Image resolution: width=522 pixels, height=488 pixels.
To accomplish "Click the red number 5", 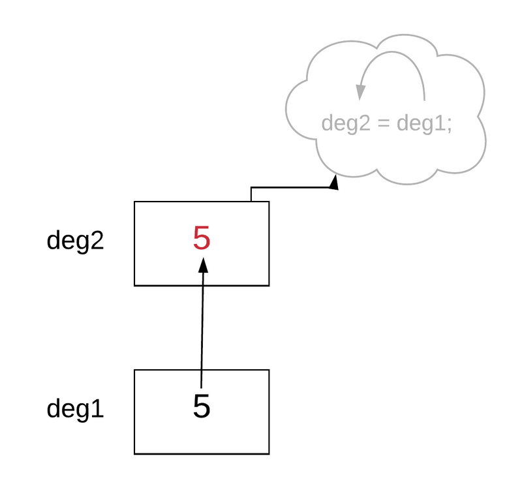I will pos(202,239).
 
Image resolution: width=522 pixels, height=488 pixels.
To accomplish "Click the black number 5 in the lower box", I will pos(202,406).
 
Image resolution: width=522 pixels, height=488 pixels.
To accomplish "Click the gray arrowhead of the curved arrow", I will pos(360,93).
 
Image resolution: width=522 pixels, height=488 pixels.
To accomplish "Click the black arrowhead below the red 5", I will pos(203,265).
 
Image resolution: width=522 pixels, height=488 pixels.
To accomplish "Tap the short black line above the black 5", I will pos(202,378).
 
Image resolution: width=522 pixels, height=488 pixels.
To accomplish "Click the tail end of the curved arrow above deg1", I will pos(425,100).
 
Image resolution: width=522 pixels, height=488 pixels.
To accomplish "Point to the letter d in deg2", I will pos(328,124).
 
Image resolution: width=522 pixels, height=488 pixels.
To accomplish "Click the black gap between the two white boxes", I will pos(202,328).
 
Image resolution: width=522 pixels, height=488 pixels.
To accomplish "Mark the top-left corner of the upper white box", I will pos(136,203).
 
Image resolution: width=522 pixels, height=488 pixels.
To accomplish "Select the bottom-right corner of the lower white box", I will pos(268,452).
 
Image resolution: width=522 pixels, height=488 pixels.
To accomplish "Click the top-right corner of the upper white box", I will pos(268,203).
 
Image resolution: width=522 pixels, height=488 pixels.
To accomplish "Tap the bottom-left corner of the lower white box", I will pos(136,452).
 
